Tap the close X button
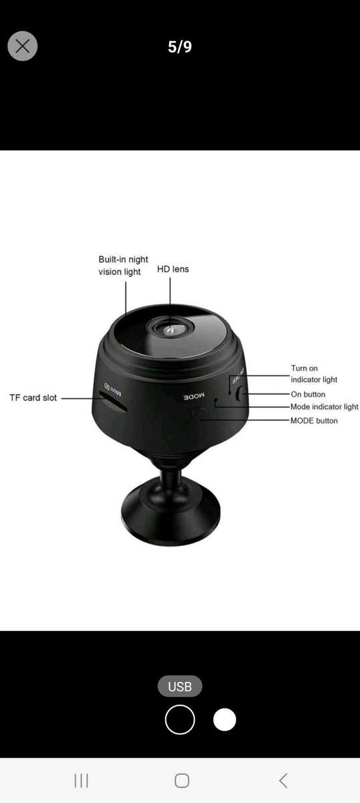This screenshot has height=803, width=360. [23, 46]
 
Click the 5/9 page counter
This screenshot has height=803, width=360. [180, 47]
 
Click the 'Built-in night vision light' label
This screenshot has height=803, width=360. [123, 266]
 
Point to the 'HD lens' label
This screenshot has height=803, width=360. [173, 269]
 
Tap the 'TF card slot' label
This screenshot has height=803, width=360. [33, 397]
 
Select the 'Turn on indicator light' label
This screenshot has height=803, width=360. [314, 374]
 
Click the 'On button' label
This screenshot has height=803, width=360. [308, 394]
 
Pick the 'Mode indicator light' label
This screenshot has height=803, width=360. [325, 407]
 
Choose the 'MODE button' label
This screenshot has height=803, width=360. [314, 420]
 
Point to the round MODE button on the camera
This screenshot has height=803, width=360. [199, 413]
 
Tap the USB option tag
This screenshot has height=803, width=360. [180, 687]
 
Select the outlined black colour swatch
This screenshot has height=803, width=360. [180, 720]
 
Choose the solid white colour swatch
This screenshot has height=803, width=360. [225, 720]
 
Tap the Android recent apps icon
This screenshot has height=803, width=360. [81, 780]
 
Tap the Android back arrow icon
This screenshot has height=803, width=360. [283, 780]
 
